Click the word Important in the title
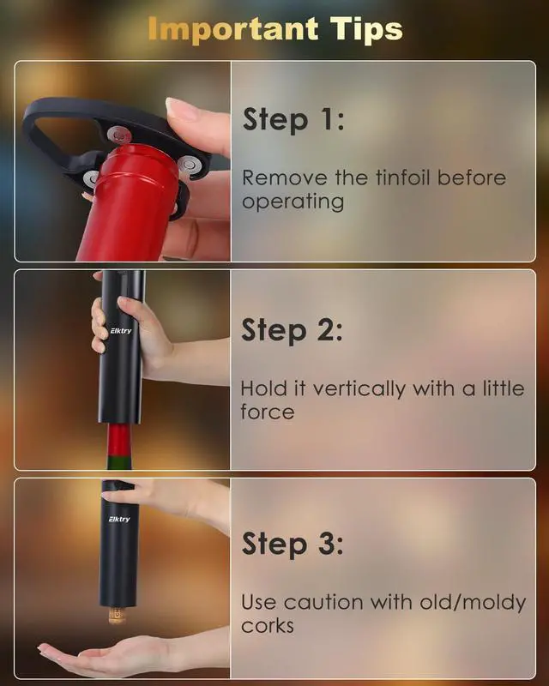click(x=233, y=29)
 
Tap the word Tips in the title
click(x=366, y=29)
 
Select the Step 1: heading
click(x=293, y=119)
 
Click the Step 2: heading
click(x=292, y=330)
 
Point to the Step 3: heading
click(x=293, y=544)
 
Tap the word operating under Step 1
click(x=293, y=202)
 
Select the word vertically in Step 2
click(x=359, y=389)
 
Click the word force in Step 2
click(x=267, y=412)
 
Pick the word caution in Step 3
click(x=323, y=603)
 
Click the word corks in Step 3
click(x=267, y=626)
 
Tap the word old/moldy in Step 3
click(x=473, y=603)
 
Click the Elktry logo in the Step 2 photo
click(x=120, y=330)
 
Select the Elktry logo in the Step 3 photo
click(x=119, y=519)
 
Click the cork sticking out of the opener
click(x=117, y=615)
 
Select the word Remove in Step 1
click(x=285, y=178)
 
